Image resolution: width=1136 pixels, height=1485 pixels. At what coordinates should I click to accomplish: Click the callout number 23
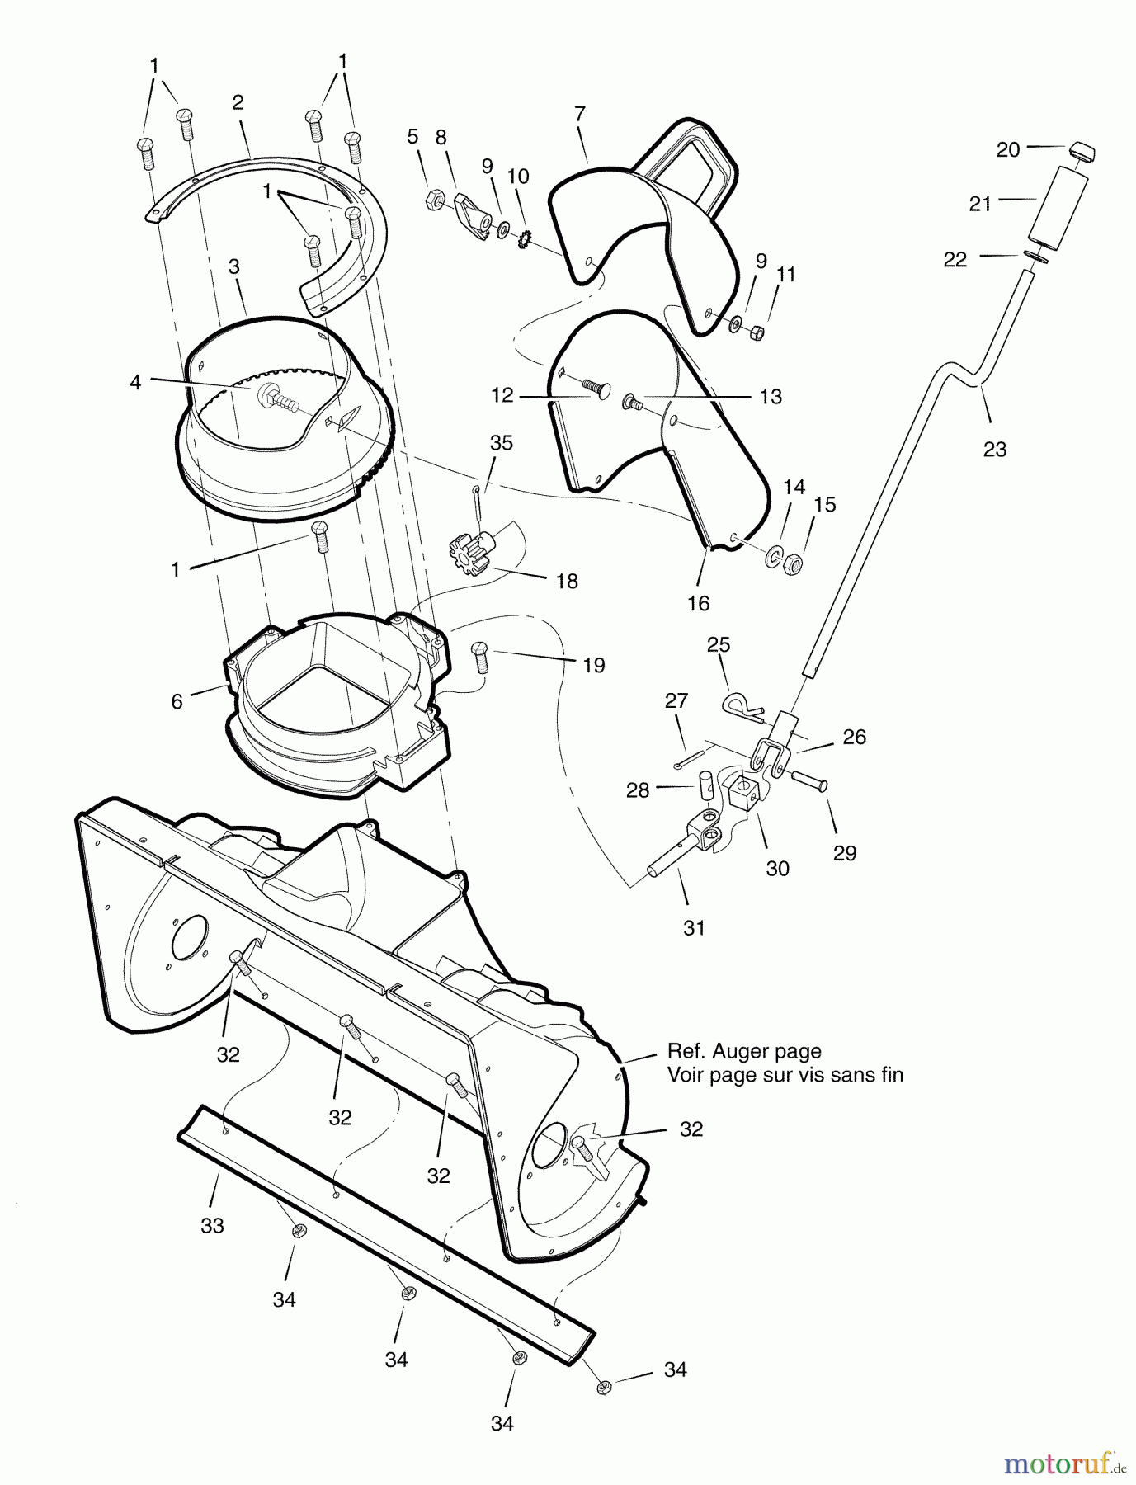tap(995, 450)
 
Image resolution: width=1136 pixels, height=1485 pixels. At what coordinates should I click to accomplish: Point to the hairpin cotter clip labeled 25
tap(743, 704)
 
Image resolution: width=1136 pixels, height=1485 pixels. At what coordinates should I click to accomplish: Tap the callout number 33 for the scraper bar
tap(212, 1227)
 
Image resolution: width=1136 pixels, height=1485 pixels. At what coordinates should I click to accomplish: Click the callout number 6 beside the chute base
tap(177, 703)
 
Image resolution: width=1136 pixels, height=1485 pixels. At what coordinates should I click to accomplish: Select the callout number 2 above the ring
tap(238, 102)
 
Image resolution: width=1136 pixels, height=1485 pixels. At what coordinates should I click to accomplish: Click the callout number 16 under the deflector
tap(698, 603)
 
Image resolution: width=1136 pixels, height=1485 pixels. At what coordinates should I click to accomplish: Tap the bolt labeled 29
tap(812, 784)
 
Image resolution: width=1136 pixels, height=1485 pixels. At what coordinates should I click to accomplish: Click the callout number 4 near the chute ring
tap(135, 382)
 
